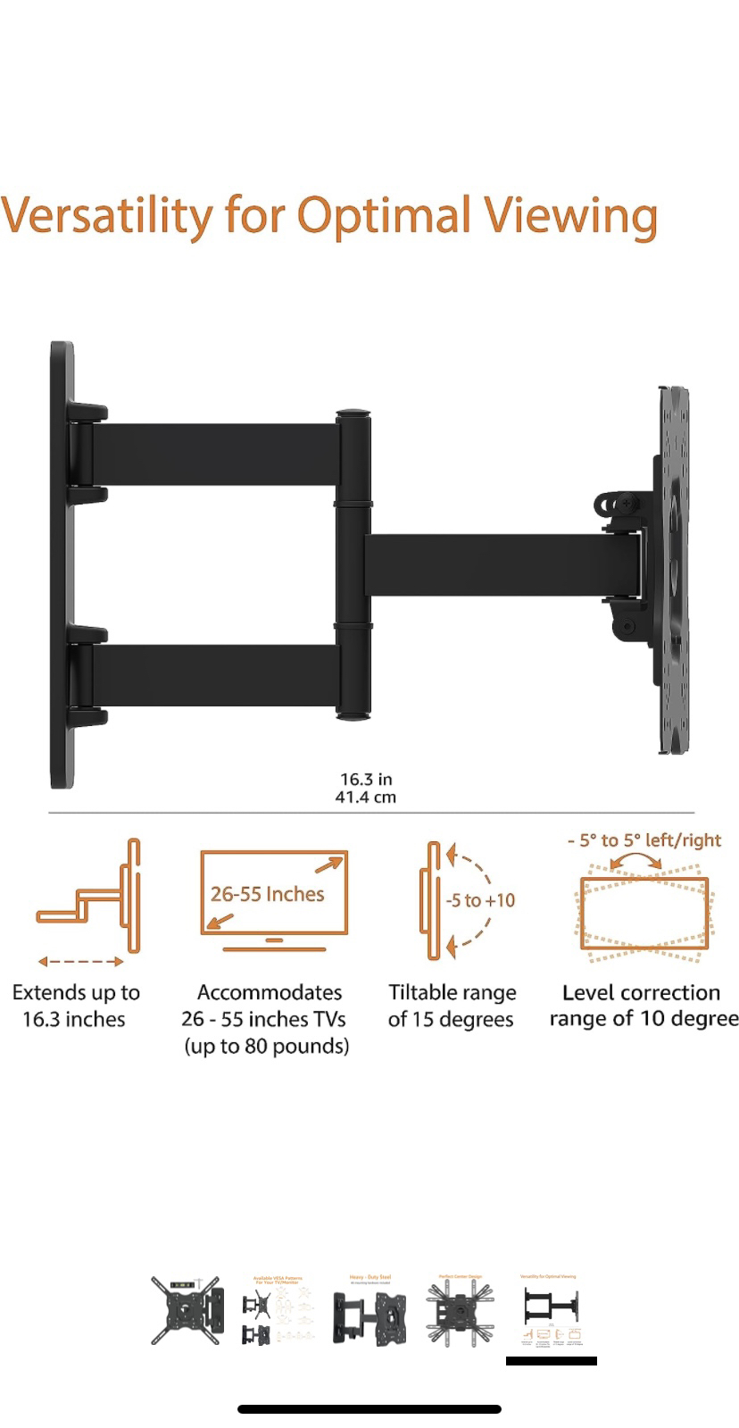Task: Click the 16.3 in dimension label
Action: coord(366,780)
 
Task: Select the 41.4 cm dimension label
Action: coord(366,798)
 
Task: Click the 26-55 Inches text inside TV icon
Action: coord(267,894)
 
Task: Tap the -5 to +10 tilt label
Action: coord(481,900)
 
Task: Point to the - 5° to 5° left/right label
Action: coord(644,840)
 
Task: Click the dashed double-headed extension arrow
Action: coord(80,962)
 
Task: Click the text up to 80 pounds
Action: coord(266,1046)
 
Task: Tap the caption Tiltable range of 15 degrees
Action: coord(452,1006)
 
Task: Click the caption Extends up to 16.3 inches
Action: coord(76,1006)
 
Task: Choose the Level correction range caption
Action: coord(643,1006)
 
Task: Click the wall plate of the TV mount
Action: coord(62,564)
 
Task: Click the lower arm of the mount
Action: coord(214,675)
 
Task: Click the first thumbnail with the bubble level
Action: coord(187,1310)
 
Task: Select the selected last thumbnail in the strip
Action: coord(551,1310)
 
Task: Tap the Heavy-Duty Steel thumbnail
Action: coord(369,1310)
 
